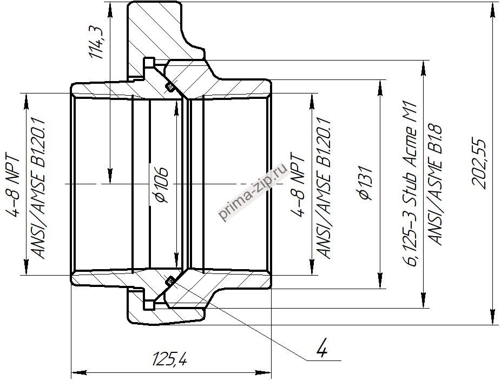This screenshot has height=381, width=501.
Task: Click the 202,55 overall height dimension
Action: [479, 163]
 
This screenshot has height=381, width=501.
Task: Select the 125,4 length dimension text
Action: [170, 359]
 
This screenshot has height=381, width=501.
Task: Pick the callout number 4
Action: [322, 347]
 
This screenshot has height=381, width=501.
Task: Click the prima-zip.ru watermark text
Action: [253, 192]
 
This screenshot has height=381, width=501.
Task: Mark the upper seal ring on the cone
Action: [170, 87]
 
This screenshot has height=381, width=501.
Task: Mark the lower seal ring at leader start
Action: [170, 280]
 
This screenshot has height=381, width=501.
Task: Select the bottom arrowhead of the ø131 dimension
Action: [380, 281]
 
